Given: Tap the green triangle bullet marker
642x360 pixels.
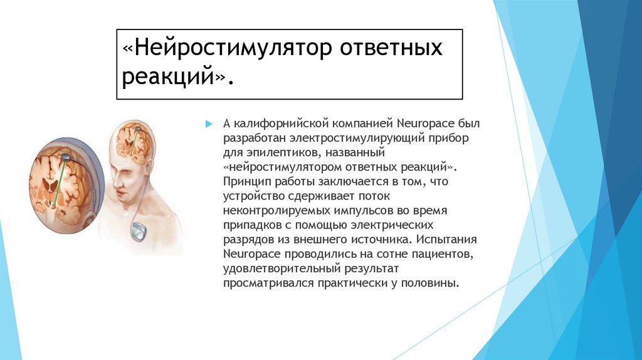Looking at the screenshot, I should pos(209,125).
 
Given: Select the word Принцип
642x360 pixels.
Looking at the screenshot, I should pos(241,182).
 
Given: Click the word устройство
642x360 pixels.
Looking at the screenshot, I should pos(248,196).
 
